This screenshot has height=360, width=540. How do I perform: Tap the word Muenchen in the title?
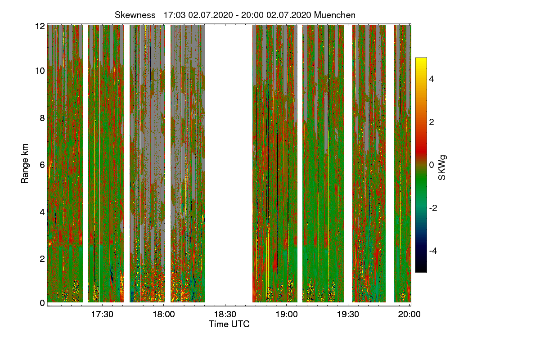click(x=335, y=15)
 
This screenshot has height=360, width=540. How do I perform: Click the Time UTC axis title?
click(x=229, y=324)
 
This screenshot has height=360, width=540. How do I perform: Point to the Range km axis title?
click(x=25, y=164)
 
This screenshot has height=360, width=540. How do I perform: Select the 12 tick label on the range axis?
click(x=40, y=26)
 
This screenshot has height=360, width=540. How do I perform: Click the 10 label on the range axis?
click(x=40, y=71)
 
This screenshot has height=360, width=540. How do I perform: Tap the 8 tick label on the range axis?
click(x=42, y=118)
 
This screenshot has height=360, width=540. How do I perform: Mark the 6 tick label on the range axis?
click(x=42, y=165)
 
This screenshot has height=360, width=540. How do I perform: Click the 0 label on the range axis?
click(x=42, y=303)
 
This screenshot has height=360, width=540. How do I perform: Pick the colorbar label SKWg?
click(x=443, y=168)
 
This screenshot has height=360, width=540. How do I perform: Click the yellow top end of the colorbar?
click(x=421, y=60)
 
